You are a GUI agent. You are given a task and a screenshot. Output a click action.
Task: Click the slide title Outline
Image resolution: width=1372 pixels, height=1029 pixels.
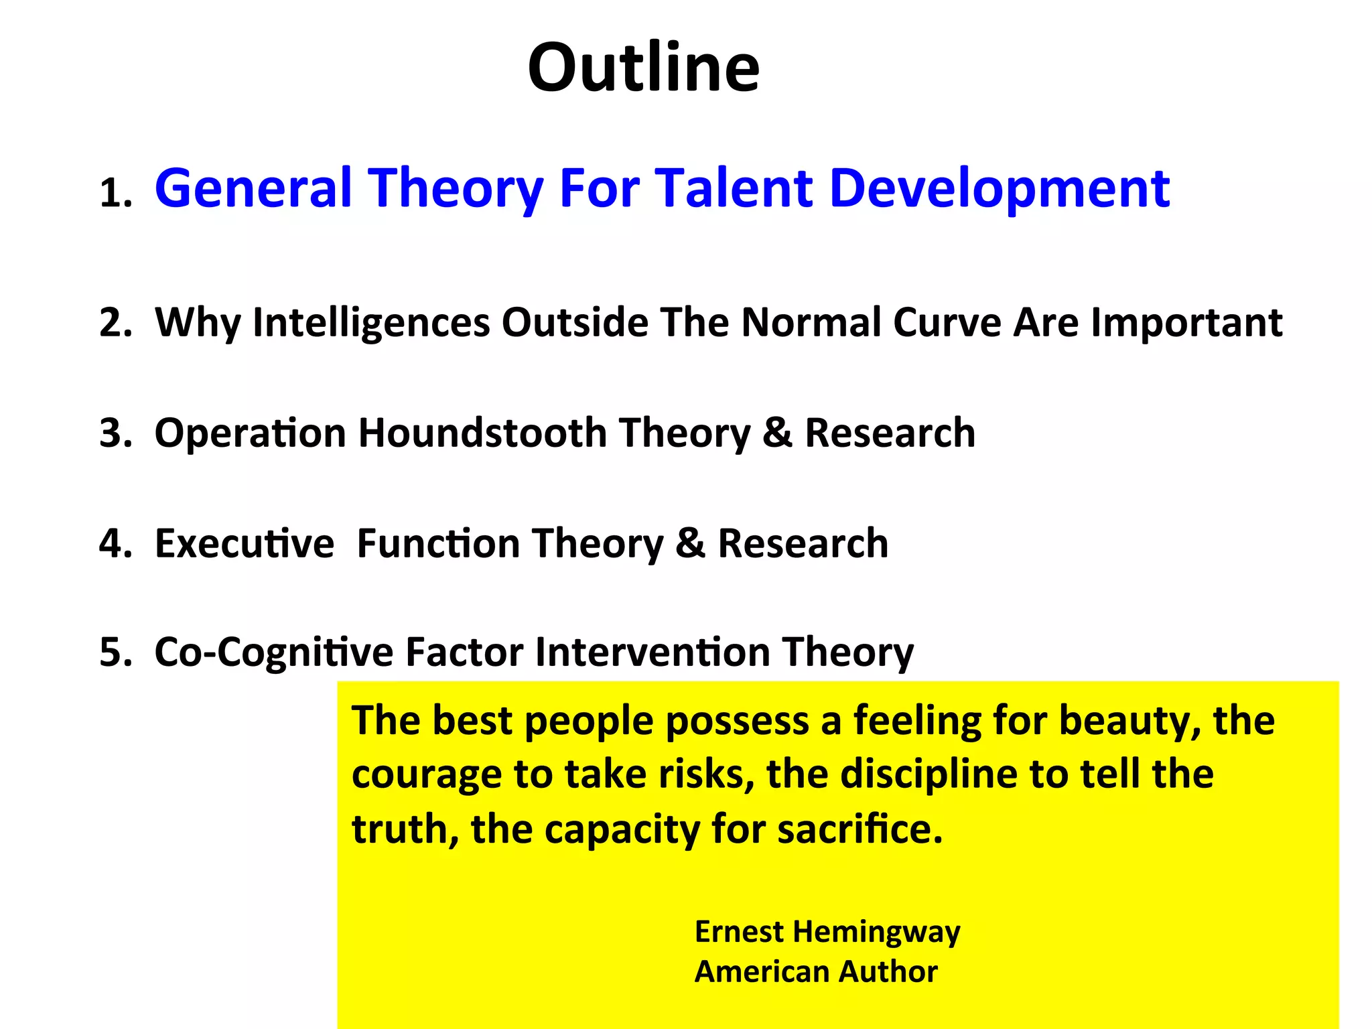[643, 68]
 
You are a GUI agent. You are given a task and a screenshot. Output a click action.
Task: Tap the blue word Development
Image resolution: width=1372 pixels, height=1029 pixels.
[999, 190]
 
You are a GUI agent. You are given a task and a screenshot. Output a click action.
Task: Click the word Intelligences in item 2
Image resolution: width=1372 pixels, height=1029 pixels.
[371, 323]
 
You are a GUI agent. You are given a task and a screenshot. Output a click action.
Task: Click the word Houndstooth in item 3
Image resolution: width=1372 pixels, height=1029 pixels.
[482, 433]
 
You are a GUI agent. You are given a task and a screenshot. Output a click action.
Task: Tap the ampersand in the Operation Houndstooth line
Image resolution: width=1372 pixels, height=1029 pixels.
[777, 433]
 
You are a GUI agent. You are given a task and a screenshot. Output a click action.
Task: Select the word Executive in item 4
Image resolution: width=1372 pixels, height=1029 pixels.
[244, 543]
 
